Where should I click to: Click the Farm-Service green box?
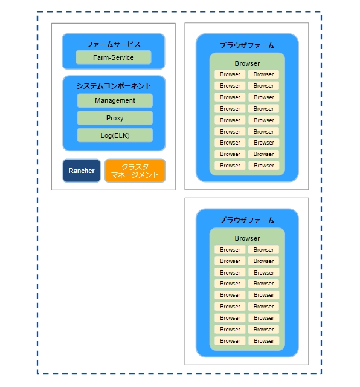tap(114, 57)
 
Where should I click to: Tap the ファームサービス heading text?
tap(114, 44)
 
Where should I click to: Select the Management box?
tap(115, 100)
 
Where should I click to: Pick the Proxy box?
tap(115, 118)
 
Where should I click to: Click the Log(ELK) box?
tap(115, 135)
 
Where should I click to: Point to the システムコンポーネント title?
tap(114, 86)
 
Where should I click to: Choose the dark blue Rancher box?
tap(82, 171)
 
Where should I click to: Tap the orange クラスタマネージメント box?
tap(135, 171)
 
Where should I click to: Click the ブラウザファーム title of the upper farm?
tap(247, 45)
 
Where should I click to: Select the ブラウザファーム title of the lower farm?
tap(247, 220)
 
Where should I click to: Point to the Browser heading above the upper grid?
tap(247, 63)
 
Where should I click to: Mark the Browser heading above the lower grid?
tap(247, 238)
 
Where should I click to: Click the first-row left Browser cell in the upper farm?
tap(230, 74)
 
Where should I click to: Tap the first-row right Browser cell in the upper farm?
tap(263, 74)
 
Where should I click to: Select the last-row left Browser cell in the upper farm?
tap(230, 166)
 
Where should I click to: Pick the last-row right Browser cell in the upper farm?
tap(263, 166)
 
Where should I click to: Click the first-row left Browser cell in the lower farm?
tap(230, 250)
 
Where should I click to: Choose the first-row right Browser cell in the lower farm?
tap(263, 250)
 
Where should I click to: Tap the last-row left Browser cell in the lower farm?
tap(230, 341)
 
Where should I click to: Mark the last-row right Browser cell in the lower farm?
tap(263, 341)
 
